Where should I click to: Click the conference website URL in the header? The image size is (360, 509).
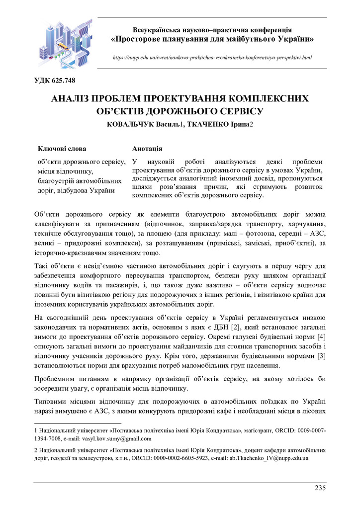tap(212, 58)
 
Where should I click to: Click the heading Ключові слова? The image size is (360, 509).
tap(62, 148)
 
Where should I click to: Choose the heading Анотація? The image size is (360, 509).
tap(147, 148)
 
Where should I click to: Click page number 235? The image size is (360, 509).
tap(320, 487)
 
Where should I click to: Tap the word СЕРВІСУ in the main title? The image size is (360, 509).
tap(237, 111)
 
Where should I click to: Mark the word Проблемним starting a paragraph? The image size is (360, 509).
tap(57, 379)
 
